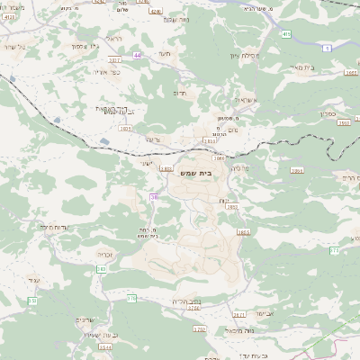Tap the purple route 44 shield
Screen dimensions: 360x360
[x=138, y=56]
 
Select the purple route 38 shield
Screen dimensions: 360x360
[x=154, y=197]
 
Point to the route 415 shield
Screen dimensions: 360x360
[x=286, y=34]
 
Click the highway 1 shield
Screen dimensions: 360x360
[x=328, y=47]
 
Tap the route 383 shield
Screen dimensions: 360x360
[x=102, y=268]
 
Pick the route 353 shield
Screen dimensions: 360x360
[x=31, y=300]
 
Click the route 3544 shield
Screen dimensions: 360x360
[x=105, y=346]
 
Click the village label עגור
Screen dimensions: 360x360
[x=33, y=280]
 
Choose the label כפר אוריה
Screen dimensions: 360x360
[x=107, y=71]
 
